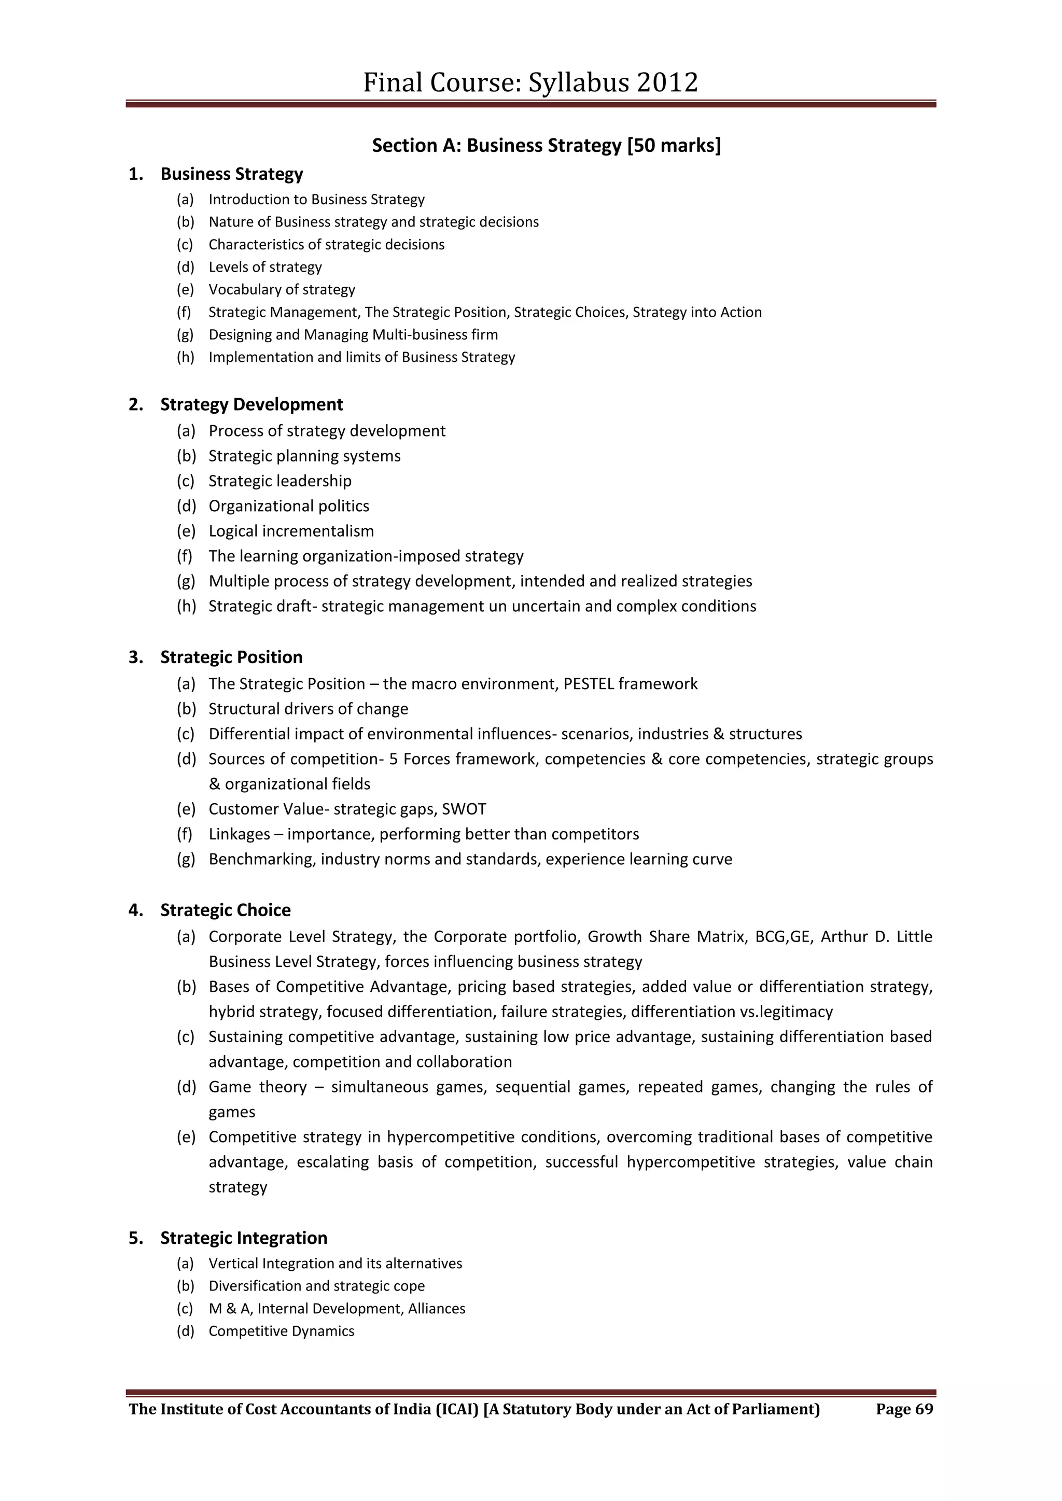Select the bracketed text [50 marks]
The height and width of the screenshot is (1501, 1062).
pyautogui.click(x=674, y=145)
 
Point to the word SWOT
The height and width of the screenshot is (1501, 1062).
pyautogui.click(x=464, y=809)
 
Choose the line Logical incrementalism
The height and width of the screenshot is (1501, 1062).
pyautogui.click(x=291, y=531)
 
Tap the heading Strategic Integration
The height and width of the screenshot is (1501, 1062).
pyautogui.click(x=243, y=1238)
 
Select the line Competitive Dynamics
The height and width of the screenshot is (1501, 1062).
pyautogui.click(x=281, y=1331)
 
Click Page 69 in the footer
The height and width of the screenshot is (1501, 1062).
pyautogui.click(x=904, y=1409)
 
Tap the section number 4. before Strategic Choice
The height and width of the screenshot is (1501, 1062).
pyautogui.click(x=135, y=910)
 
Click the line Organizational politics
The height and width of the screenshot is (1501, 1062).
pyautogui.click(x=288, y=506)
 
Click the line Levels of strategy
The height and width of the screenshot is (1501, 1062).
pyautogui.click(x=265, y=266)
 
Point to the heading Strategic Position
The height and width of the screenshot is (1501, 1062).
pyautogui.click(x=231, y=657)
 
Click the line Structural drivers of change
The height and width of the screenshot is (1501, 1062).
pyautogui.click(x=308, y=709)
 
